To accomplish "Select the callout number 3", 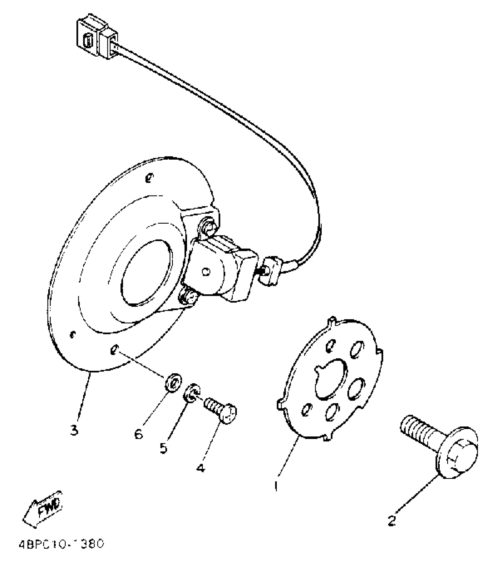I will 74,430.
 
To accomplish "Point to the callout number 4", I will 201,468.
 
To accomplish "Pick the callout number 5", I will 163,448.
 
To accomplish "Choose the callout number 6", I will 139,433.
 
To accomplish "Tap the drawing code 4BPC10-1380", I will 61,544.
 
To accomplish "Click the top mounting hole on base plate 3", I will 150,177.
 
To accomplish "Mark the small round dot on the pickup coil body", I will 206,272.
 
